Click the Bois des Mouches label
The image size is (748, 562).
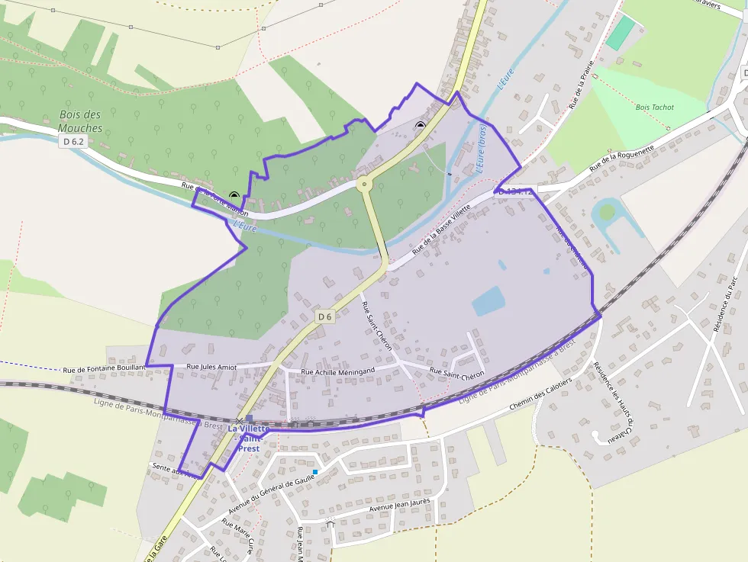pos(81,121)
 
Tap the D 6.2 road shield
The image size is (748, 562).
pos(73,142)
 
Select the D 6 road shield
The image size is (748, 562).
pos(325,316)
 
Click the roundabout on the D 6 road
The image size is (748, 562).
pos(364,183)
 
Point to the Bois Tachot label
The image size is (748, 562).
pos(655,108)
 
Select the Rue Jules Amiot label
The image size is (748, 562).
pos(211,368)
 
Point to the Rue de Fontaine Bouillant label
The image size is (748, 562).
pos(104,368)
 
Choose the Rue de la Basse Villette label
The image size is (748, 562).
pos(442,230)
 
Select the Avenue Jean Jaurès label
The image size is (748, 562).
pos(399,505)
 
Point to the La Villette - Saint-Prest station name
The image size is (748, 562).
pos(249,438)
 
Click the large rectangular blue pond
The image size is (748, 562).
pos(487,301)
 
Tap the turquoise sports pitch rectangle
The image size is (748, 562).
pos(621,33)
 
